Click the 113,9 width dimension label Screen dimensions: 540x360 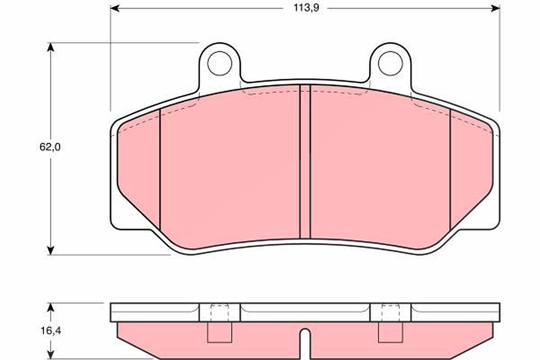(x=306, y=8)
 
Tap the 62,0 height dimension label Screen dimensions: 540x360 (x=50, y=147)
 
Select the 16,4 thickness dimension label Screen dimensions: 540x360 (x=50, y=331)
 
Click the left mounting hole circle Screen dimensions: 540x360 (x=220, y=63)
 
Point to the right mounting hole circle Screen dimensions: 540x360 (x=391, y=63)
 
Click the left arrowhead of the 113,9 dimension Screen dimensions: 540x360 (x=115, y=9)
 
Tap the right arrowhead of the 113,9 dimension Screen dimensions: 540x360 (x=495, y=9)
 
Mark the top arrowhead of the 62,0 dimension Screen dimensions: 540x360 (x=50, y=47)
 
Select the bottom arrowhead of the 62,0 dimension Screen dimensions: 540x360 (x=50, y=250)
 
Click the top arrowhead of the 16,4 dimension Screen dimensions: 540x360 (x=50, y=307)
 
